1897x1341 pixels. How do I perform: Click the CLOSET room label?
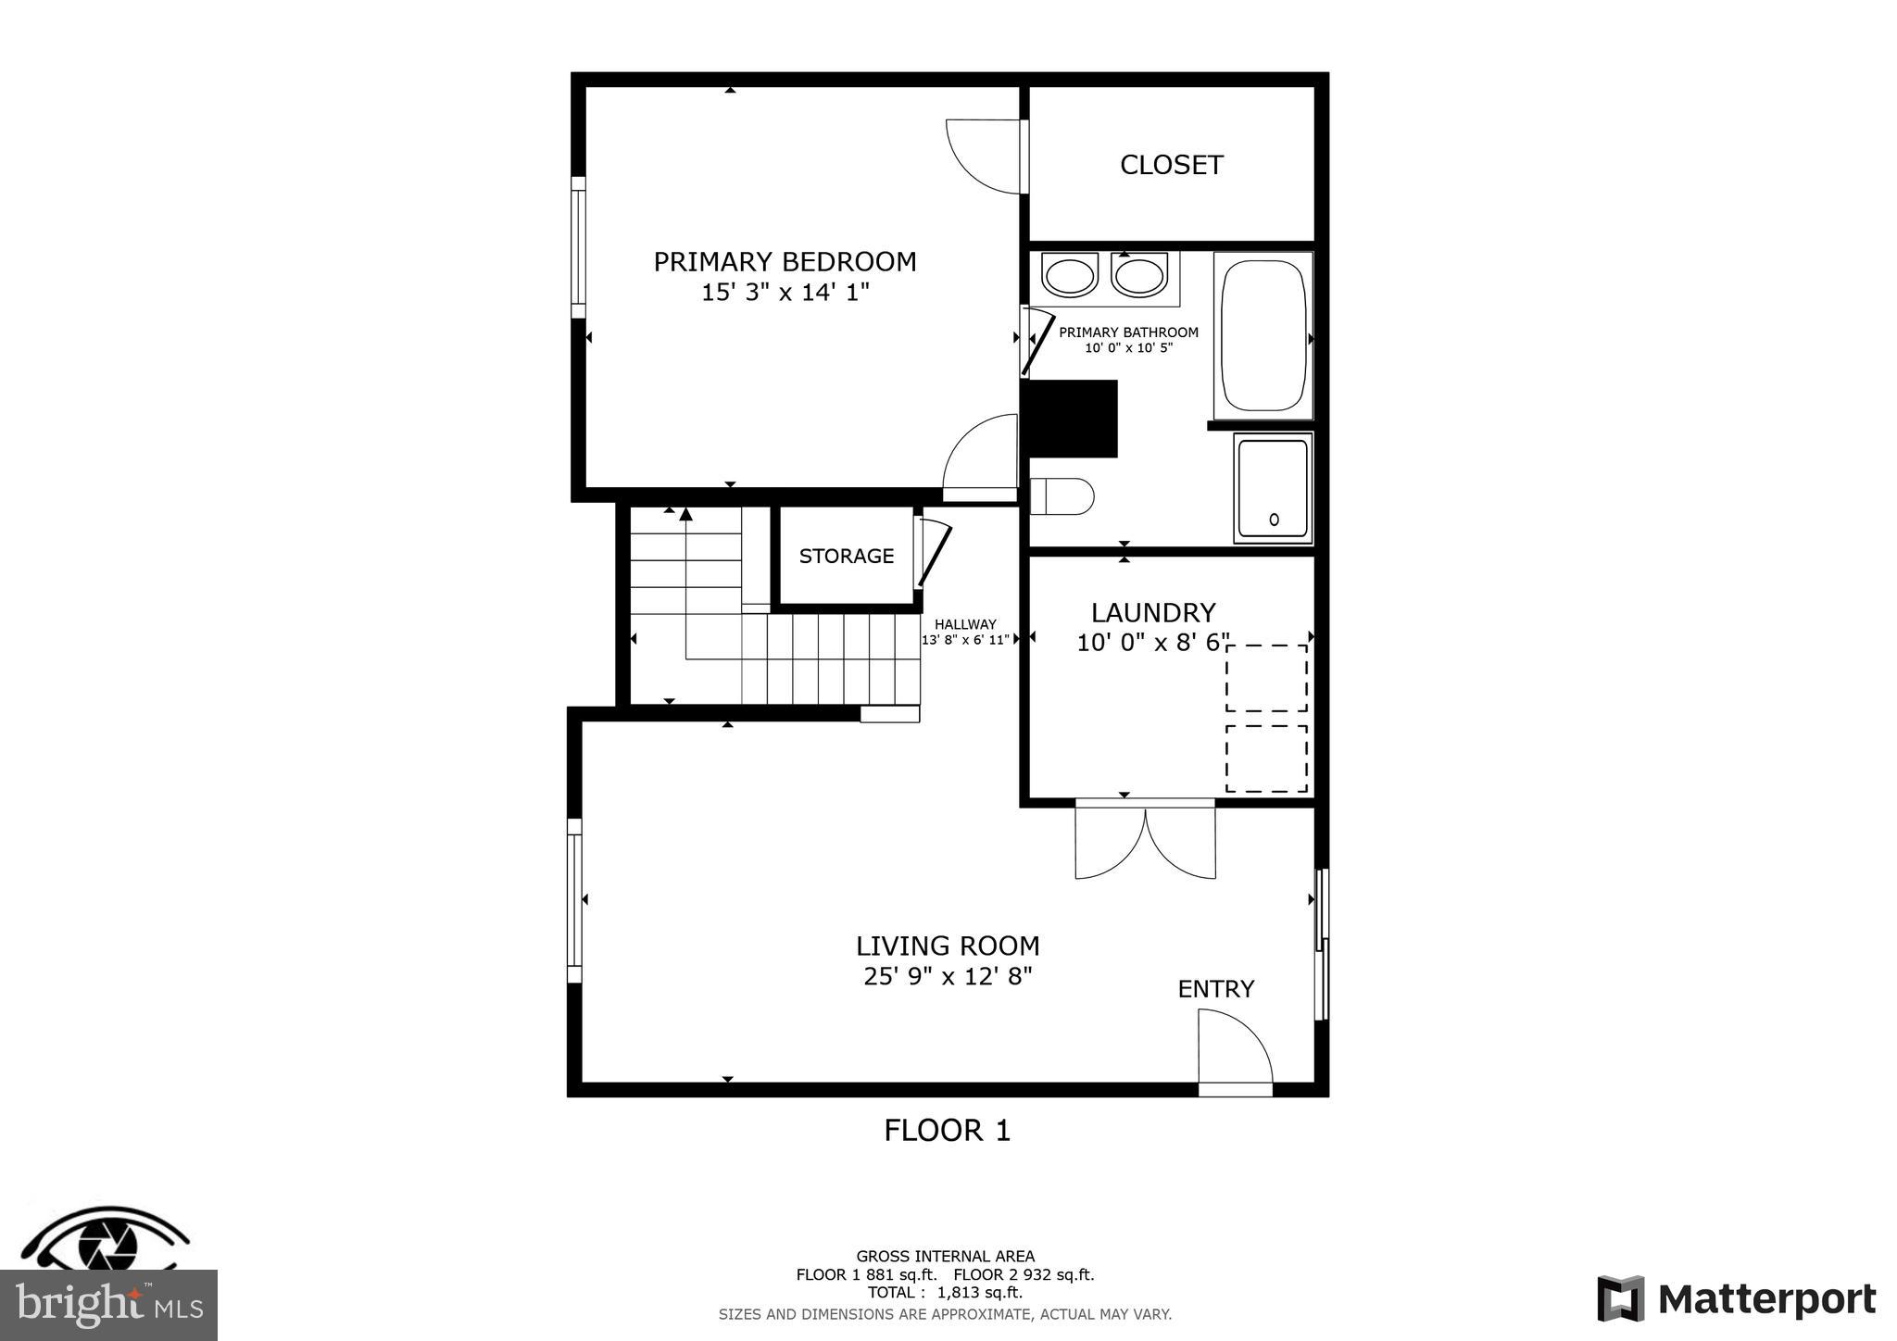coord(1171,165)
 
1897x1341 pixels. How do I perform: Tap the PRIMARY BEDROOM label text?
coord(785,262)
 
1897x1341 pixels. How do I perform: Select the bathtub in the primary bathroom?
coord(1263,335)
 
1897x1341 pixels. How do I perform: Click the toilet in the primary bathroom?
coord(1063,496)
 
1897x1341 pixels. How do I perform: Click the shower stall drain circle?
coord(1274,520)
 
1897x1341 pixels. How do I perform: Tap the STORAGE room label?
coord(846,556)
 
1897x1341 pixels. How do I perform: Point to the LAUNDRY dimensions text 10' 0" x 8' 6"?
coord(1152,642)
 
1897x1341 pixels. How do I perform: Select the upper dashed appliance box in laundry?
coord(1266,678)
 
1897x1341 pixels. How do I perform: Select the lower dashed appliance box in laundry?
coord(1266,758)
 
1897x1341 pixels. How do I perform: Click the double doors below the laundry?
coord(1145,841)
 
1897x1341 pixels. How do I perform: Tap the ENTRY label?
coord(1215,989)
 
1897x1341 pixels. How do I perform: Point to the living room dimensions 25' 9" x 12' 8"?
coord(948,976)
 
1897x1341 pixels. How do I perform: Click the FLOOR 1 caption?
coord(947,1130)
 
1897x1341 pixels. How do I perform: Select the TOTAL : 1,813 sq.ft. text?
coord(945,1292)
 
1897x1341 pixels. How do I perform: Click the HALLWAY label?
coord(965,624)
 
